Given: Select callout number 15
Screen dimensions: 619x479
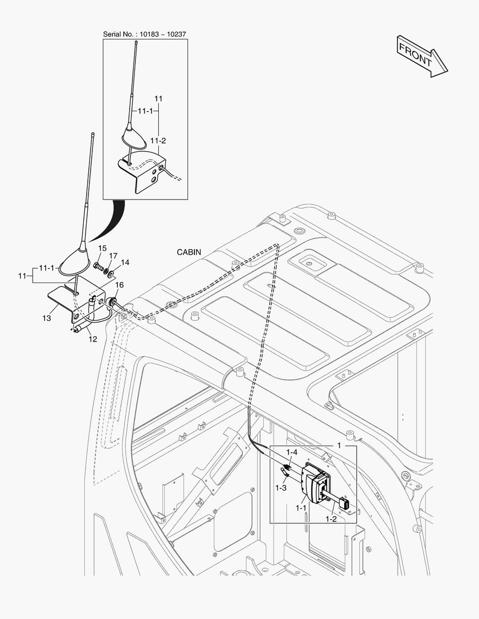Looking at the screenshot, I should (102, 248).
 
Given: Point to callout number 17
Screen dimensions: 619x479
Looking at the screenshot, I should (114, 256).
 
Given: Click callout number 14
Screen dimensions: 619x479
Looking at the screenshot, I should (125, 263).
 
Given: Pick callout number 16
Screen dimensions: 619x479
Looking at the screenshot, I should (120, 285).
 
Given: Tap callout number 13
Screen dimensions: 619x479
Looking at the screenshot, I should (46, 318).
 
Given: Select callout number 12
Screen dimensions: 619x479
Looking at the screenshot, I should (92, 339).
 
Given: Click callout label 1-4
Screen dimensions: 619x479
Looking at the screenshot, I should (292, 452).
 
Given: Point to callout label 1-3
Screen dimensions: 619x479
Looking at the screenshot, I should (281, 488).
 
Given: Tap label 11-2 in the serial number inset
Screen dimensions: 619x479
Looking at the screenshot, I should (158, 140).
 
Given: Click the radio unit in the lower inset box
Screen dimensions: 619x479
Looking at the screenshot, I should (314, 481).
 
